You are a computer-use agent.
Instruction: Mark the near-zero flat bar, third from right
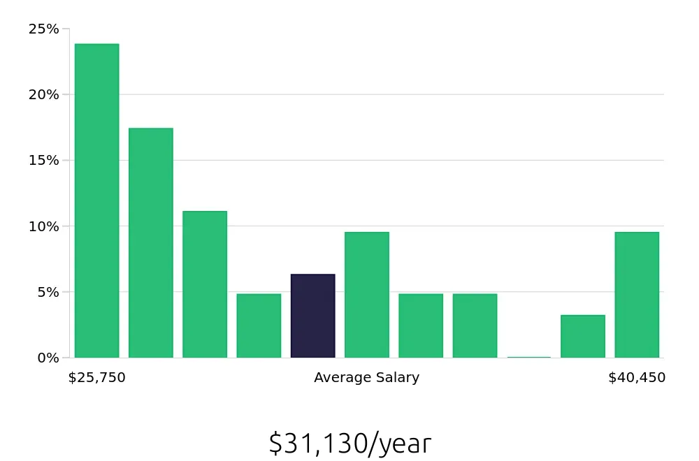pyautogui.click(x=529, y=357)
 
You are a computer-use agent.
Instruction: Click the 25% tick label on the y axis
pyautogui.click(x=43, y=29)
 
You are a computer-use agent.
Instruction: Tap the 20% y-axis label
pyautogui.click(x=43, y=94)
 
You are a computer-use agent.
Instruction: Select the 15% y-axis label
pyautogui.click(x=43, y=160)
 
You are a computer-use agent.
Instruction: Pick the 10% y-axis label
pyautogui.click(x=43, y=226)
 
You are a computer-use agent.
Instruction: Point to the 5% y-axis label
pyautogui.click(x=47, y=292)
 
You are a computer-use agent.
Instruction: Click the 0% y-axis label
pyautogui.click(x=47, y=358)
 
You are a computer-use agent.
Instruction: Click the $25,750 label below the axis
pyautogui.click(x=97, y=378)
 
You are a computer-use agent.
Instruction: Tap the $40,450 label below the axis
pyautogui.click(x=637, y=378)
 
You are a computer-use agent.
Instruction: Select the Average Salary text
pyautogui.click(x=367, y=378)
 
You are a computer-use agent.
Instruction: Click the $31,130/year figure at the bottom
pyautogui.click(x=350, y=444)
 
